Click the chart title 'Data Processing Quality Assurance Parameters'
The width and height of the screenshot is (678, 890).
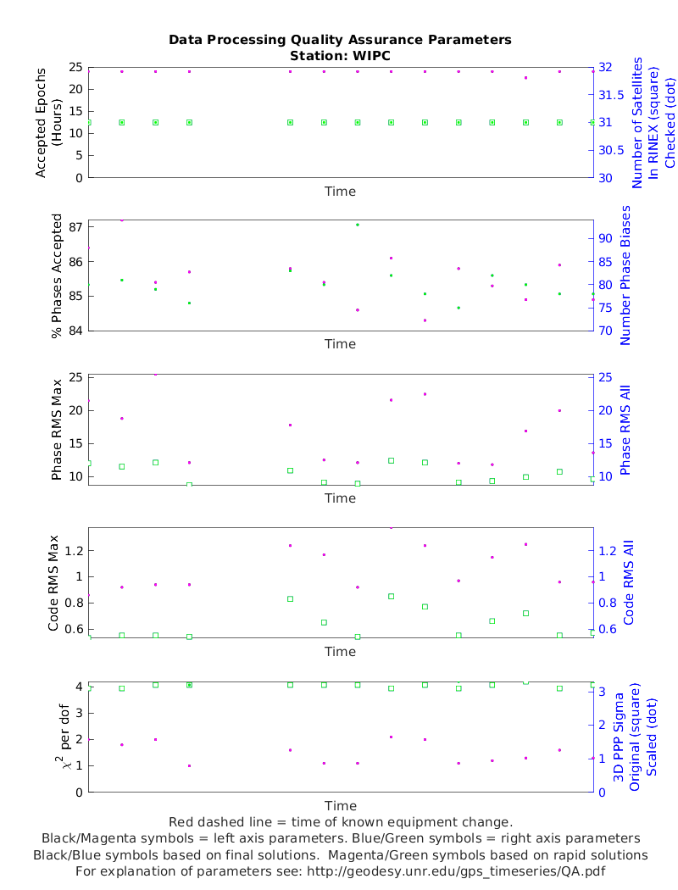tap(340, 40)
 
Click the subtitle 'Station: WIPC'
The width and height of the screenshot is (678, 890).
tap(340, 55)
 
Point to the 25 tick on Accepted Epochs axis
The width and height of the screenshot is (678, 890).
tap(75, 67)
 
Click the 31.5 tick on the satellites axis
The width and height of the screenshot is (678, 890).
tap(611, 95)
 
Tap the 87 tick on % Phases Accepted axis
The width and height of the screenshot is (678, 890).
tap(75, 227)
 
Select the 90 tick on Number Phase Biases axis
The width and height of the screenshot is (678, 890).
tap(607, 239)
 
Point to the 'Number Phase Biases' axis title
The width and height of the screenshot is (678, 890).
tap(626, 275)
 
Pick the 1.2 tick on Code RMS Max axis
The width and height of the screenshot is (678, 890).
tap(72, 551)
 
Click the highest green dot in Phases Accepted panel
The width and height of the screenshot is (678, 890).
tap(358, 225)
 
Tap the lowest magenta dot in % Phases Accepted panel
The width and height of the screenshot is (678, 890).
tap(425, 320)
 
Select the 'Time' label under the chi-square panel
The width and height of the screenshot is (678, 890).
tap(340, 805)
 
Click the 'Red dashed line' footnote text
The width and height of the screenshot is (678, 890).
tap(340, 822)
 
